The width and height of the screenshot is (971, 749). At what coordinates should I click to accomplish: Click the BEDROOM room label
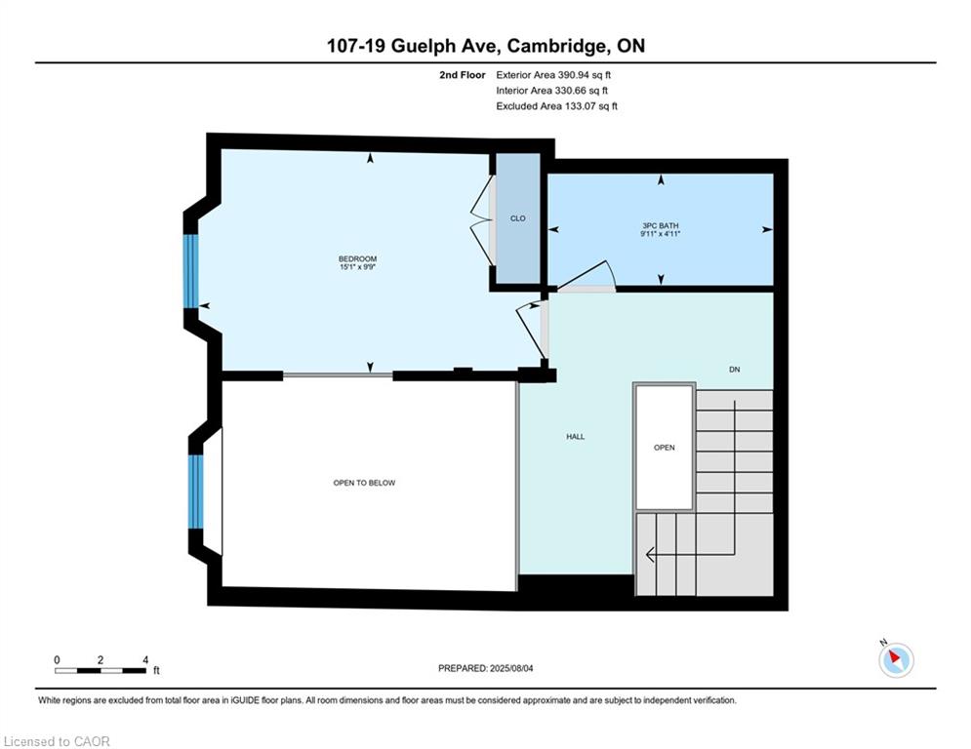pos(357,258)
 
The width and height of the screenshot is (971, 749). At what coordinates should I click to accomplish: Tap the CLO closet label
pos(517,218)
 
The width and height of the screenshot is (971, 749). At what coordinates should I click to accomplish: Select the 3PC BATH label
pos(661,226)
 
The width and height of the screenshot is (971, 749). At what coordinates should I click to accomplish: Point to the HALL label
pos(576,436)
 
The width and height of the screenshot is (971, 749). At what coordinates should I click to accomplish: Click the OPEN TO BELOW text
pos(364,483)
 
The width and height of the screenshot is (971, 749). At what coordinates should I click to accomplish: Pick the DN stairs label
pos(735,370)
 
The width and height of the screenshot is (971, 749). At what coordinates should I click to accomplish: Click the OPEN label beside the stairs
pos(665,448)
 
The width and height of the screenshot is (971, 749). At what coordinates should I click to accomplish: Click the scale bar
pos(101,670)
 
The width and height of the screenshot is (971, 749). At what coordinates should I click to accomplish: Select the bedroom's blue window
pos(190,271)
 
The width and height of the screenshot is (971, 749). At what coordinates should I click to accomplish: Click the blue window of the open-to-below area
pos(196,492)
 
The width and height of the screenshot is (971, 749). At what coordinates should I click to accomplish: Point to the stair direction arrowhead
pos(650,555)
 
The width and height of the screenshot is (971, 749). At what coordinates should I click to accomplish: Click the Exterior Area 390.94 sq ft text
pos(553,75)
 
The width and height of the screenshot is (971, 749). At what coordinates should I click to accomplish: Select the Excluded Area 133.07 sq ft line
pos(556,106)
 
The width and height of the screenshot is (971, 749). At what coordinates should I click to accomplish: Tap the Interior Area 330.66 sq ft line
pos(551,91)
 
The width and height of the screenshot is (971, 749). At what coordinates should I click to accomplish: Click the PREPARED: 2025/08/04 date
pos(486,668)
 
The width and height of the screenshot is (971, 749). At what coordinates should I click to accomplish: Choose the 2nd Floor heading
pos(463,75)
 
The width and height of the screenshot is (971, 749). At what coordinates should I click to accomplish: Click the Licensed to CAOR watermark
pos(57,741)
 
